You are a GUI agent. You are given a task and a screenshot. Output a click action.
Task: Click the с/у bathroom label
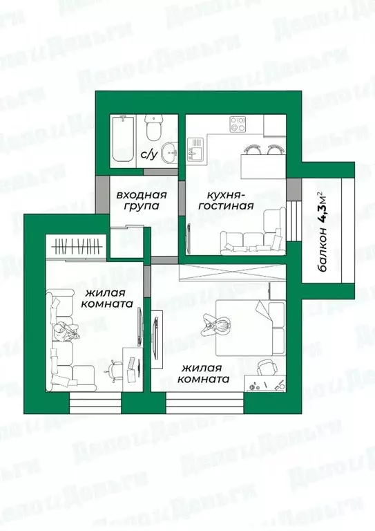148,154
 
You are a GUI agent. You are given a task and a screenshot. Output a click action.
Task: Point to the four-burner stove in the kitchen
238,125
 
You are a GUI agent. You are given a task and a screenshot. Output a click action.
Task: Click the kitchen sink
195,149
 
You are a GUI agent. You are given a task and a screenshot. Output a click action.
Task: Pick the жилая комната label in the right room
203,374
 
